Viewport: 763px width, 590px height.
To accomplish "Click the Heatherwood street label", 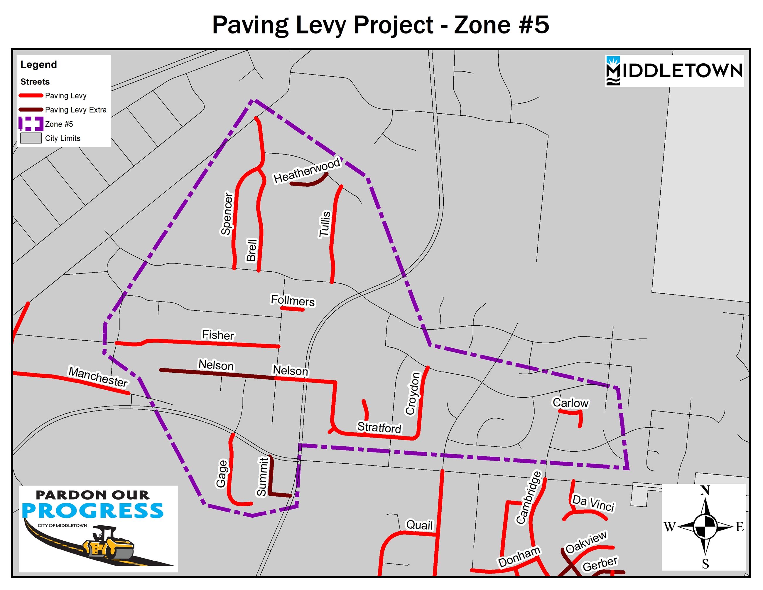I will pos(306,170).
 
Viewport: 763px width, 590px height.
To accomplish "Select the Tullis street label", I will pos(325,224).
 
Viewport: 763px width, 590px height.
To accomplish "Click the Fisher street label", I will pos(218,334).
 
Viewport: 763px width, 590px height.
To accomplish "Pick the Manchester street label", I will pos(98,377).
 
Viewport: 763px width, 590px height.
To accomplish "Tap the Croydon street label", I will pos(413,393).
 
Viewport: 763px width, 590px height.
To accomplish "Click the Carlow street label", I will pos(570,403).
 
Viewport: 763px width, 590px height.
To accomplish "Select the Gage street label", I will pos(222,474).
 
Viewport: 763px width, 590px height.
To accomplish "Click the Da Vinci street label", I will pos(593,503).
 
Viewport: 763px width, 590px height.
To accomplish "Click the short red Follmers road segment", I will pos(292,309).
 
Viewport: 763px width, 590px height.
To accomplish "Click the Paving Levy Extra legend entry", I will pos(75,110).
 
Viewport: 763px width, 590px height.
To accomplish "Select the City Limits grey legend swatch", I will pos(31,138).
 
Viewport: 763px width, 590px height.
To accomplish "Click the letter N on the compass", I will pos(705,490).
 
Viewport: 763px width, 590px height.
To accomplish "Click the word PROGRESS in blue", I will pos(92,511).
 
